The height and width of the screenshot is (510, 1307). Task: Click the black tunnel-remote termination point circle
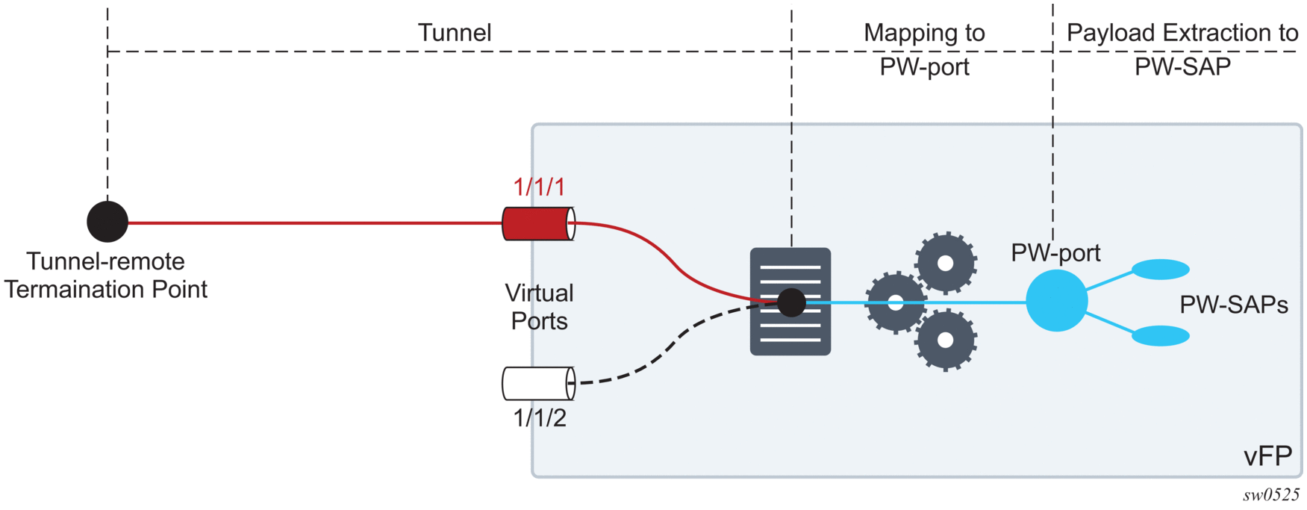pyautogui.click(x=107, y=222)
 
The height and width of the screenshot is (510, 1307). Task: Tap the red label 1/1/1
pyautogui.click(x=539, y=187)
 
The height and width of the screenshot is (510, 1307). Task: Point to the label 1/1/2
pyautogui.click(x=539, y=418)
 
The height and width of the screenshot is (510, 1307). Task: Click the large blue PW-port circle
pyautogui.click(x=1056, y=301)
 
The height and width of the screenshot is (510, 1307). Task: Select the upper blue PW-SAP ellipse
pyautogui.click(x=1160, y=269)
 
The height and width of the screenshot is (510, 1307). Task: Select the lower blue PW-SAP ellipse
pyautogui.click(x=1160, y=336)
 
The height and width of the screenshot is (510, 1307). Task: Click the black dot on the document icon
pyautogui.click(x=791, y=302)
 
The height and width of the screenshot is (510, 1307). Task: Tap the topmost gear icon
pyautogui.click(x=946, y=263)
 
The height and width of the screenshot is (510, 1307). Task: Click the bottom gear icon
pyautogui.click(x=946, y=340)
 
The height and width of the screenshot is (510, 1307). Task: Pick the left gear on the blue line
pyautogui.click(x=896, y=302)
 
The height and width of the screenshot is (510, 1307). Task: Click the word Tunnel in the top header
pyautogui.click(x=454, y=33)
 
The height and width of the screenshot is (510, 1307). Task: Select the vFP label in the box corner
pyautogui.click(x=1267, y=455)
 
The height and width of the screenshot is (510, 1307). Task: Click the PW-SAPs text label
pyautogui.click(x=1233, y=305)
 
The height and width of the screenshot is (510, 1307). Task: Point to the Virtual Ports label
pyautogui.click(x=539, y=307)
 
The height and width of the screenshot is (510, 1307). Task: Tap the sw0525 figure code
pyautogui.click(x=1270, y=495)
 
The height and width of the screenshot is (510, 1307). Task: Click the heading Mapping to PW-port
pyautogui.click(x=924, y=49)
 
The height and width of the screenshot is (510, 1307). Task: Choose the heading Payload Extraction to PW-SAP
pyautogui.click(x=1182, y=49)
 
